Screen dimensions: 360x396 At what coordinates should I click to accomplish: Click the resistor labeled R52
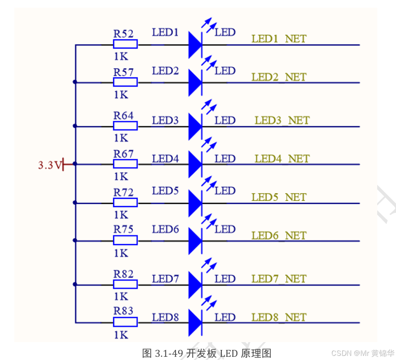[x=125, y=44]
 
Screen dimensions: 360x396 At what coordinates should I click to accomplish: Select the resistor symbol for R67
[x=125, y=164]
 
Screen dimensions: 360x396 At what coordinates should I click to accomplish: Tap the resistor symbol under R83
[x=125, y=322]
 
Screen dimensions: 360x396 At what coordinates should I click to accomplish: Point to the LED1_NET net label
[x=279, y=39]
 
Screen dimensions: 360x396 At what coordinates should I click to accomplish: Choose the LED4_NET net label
[x=282, y=159]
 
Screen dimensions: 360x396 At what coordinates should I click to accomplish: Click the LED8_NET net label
[x=279, y=317]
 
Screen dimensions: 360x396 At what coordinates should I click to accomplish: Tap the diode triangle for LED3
[x=195, y=126]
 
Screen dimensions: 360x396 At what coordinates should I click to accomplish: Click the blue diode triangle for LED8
[x=195, y=322]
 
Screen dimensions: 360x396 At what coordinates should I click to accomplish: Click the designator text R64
[x=124, y=115]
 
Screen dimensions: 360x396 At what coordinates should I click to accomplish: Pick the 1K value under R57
[x=121, y=95]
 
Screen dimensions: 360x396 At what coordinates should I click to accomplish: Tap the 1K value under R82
[x=121, y=296]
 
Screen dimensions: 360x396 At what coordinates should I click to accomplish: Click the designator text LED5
[x=165, y=191]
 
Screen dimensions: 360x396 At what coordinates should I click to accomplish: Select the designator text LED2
[x=165, y=71]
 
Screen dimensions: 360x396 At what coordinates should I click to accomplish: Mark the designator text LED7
[x=165, y=279]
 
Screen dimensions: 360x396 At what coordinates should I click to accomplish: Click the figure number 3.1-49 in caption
[x=170, y=353]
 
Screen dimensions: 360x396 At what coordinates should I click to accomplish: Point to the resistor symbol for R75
[x=125, y=240]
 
